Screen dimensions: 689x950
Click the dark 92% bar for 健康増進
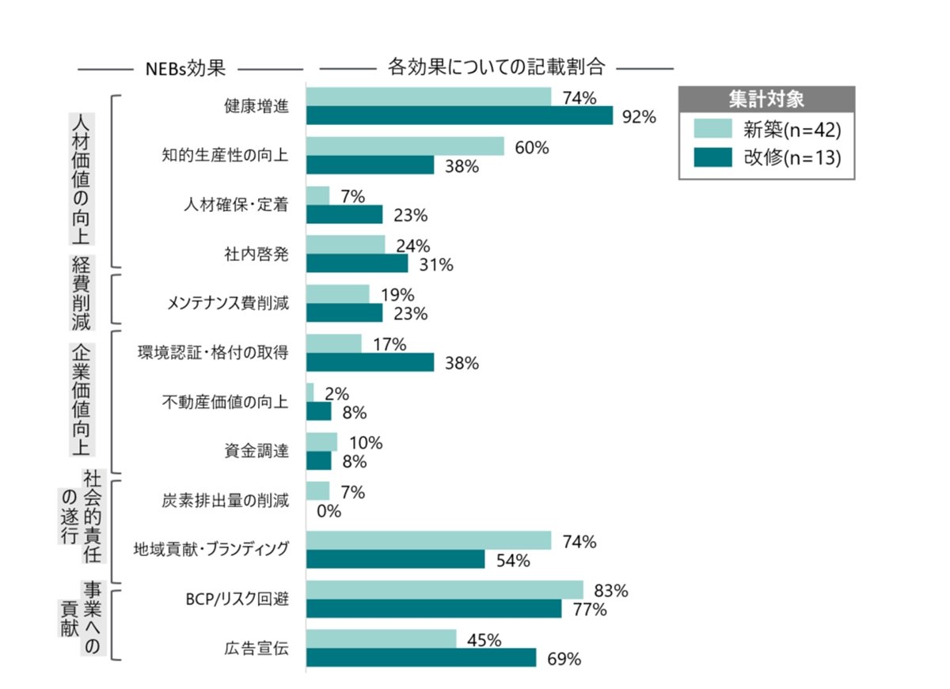click(459, 116)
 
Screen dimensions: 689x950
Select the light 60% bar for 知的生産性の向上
click(405, 146)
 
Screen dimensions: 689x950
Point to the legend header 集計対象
click(766, 100)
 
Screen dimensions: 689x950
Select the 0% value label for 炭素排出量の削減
click(328, 512)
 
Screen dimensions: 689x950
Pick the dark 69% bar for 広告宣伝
click(421, 658)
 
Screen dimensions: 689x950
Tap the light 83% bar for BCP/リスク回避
click(444, 590)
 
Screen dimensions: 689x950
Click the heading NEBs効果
click(186, 68)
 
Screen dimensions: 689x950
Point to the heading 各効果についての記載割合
click(496, 67)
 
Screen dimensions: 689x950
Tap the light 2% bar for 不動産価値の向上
click(310, 392)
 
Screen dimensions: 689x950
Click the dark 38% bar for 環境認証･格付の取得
click(370, 362)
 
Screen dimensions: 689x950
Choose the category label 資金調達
click(256, 452)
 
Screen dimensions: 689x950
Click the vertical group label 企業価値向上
click(82, 399)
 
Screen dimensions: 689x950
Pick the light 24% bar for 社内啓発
click(345, 244)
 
